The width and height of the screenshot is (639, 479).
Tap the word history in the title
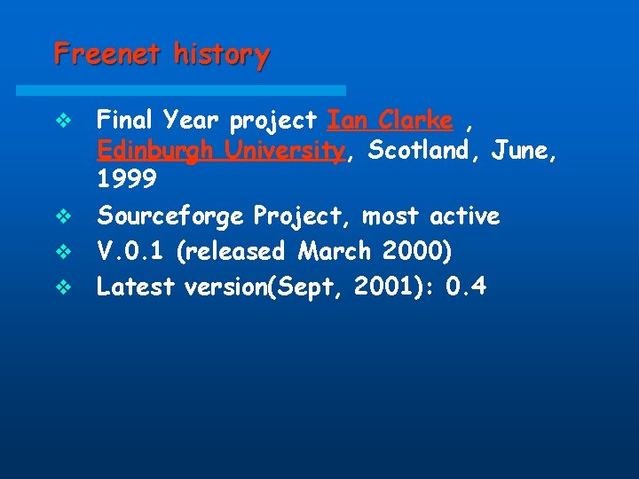(x=222, y=55)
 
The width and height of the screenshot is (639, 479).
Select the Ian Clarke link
(x=390, y=119)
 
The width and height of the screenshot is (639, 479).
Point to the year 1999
(x=126, y=180)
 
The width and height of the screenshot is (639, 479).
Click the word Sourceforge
(x=171, y=216)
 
